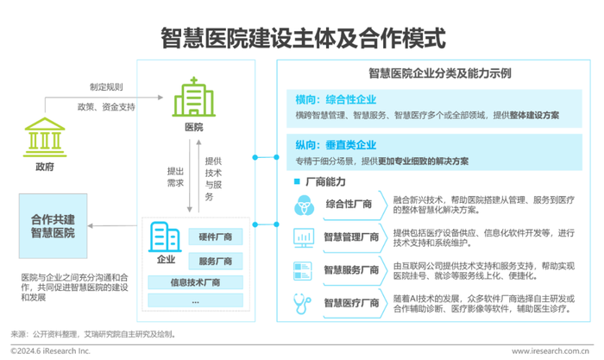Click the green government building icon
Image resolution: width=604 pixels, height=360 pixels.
(45, 137)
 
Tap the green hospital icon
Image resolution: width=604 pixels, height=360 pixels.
(194, 97)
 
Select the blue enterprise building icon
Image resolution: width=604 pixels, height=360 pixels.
(165, 237)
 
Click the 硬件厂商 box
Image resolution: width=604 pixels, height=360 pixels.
(216, 237)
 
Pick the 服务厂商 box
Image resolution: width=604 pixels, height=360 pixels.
(216, 261)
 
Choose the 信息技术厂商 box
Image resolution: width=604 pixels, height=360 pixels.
(195, 282)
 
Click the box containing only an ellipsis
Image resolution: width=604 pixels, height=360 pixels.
(195, 300)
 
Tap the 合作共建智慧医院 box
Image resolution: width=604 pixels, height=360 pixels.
(53, 226)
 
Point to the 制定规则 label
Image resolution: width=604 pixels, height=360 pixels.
(106, 87)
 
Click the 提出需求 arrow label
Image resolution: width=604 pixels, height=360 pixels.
(175, 177)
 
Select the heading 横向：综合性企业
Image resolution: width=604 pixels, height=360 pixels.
(336, 100)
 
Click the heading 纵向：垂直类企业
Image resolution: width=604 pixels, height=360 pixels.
(336, 145)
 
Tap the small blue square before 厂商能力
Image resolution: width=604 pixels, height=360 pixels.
(297, 181)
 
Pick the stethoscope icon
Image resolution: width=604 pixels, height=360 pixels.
(302, 304)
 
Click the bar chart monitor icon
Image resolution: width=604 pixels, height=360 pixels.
(304, 237)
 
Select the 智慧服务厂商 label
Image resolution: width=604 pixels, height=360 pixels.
(351, 270)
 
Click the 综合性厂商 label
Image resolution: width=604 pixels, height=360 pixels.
(349, 204)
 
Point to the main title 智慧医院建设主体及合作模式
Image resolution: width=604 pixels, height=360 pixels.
(303, 38)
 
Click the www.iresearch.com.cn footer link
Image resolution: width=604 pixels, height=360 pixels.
(551, 351)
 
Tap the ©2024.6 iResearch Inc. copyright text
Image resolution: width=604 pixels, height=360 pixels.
(50, 351)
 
